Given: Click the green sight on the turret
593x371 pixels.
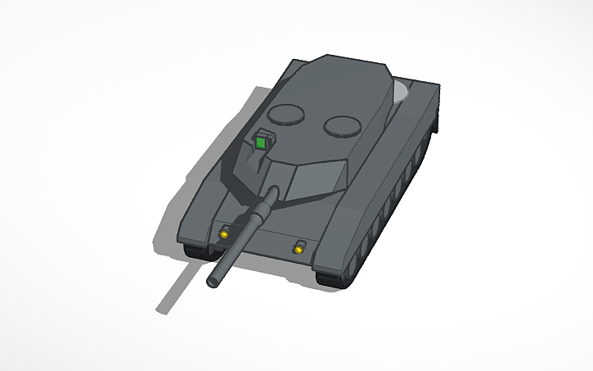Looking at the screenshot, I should pyautogui.click(x=261, y=143).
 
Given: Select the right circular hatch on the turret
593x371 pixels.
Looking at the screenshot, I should pyautogui.click(x=341, y=125).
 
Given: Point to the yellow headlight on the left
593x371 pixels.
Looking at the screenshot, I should pyautogui.click(x=222, y=236).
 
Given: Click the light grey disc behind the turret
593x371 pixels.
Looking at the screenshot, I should pyautogui.click(x=401, y=92).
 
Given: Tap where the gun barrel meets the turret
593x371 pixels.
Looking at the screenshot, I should pyautogui.click(x=271, y=196).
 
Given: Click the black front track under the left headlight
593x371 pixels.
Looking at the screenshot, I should pyautogui.click(x=196, y=250).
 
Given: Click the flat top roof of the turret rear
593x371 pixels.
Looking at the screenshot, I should pyautogui.click(x=344, y=82).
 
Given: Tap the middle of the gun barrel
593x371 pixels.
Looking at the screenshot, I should pyautogui.click(x=242, y=238).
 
